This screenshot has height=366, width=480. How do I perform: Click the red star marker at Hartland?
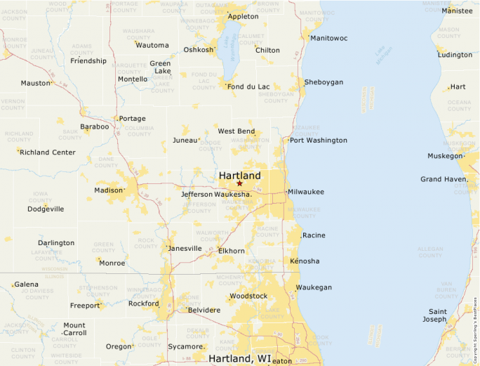[x=239, y=183]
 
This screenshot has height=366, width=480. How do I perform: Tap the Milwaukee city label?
[x=306, y=191]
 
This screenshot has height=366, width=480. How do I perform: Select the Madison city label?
[x=109, y=190]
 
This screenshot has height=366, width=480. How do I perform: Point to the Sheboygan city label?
[x=324, y=82]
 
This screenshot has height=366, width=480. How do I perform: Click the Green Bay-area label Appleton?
[x=244, y=16]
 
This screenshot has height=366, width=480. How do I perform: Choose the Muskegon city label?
[x=445, y=155]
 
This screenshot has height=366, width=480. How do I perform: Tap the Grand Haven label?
[x=443, y=179]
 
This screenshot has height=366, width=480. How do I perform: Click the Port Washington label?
[x=318, y=140]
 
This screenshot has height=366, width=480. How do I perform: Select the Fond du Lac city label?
[x=248, y=86]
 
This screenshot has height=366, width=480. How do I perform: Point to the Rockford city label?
[x=143, y=304]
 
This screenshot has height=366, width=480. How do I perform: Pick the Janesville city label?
[x=185, y=248]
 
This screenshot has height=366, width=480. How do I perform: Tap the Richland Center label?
[x=48, y=152]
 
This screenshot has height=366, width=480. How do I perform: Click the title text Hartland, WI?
[x=239, y=358]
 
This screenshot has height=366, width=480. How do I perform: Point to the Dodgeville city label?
[x=46, y=209]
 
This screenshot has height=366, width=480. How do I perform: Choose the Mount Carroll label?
[x=74, y=329]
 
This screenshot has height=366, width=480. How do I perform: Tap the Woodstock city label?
[x=248, y=296]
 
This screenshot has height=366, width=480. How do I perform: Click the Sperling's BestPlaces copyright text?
[x=475, y=323]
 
